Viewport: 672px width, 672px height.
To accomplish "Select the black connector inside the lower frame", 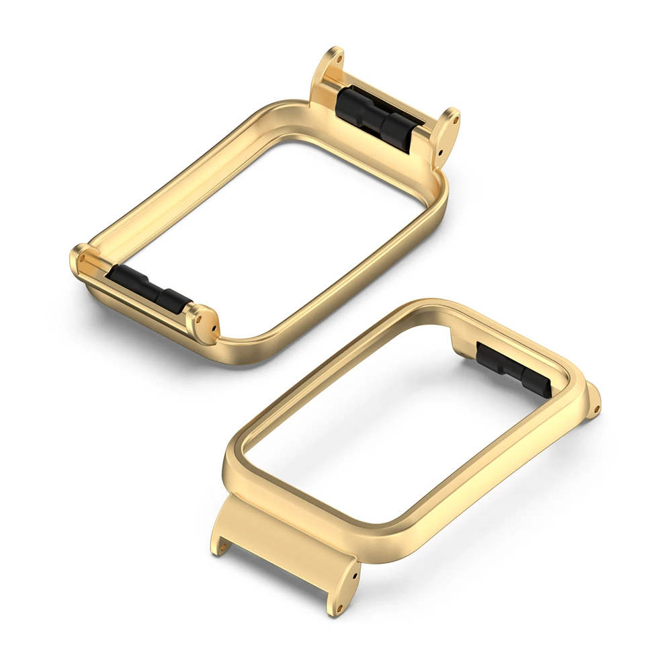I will [514, 369].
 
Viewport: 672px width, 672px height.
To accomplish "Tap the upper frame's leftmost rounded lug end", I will [80, 259].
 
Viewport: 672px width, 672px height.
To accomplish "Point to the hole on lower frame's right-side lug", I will [596, 405].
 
